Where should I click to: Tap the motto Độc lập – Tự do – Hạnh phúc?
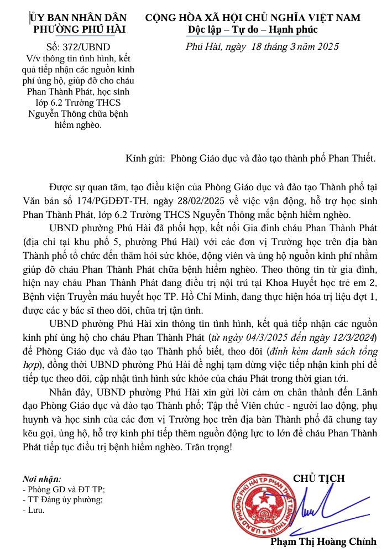coord(253,29)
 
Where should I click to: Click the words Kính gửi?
coord(145,158)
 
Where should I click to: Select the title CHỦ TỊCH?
coord(319,478)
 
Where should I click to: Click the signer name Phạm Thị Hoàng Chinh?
coord(323,542)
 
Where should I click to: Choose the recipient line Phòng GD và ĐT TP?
coord(64,489)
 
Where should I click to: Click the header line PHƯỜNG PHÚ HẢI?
coord(80,30)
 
